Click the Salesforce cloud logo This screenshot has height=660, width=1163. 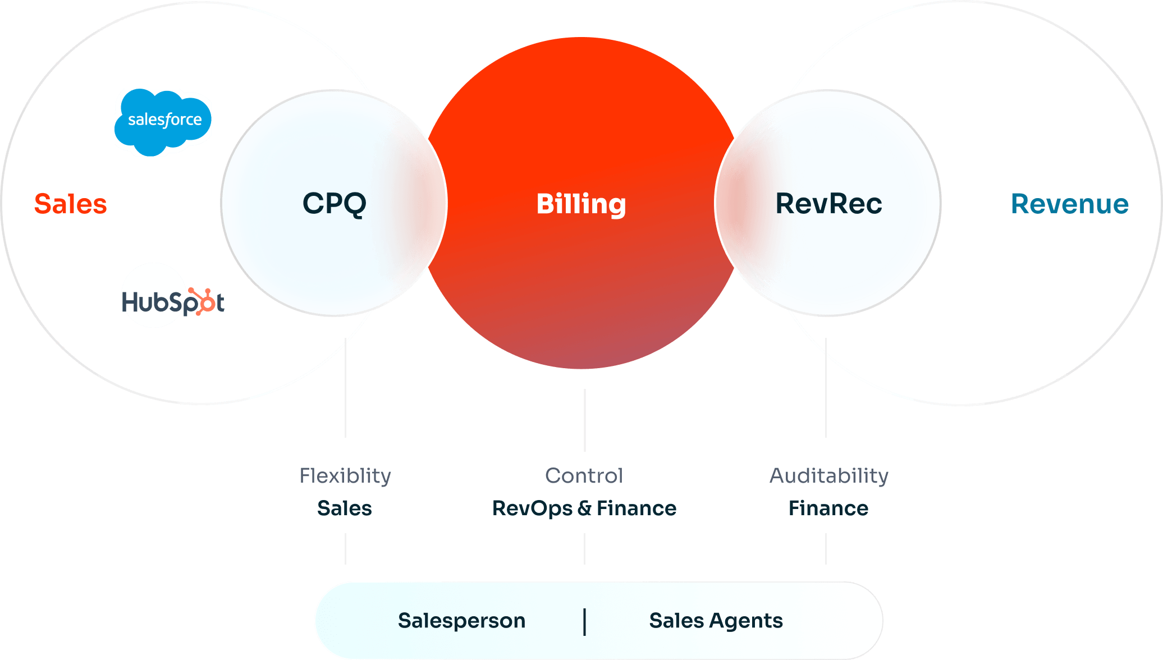point(163,121)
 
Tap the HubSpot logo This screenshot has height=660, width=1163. point(173,301)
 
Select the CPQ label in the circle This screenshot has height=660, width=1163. point(335,203)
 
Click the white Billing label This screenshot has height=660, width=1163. point(581,204)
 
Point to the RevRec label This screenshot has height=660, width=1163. point(828,204)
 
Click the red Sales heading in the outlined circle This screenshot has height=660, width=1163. point(71,204)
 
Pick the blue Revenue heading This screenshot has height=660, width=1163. point(1070,204)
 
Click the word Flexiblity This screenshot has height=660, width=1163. point(345,476)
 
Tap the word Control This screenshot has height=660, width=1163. point(584,476)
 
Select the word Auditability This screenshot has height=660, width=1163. point(828,476)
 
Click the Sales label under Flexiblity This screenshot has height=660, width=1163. point(345,508)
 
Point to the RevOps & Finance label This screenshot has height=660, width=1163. point(584,508)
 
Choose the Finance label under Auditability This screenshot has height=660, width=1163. point(828,508)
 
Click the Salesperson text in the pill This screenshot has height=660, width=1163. point(461,621)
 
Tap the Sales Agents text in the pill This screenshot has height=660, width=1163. point(716,621)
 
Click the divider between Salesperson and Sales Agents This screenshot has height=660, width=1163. point(584,622)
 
